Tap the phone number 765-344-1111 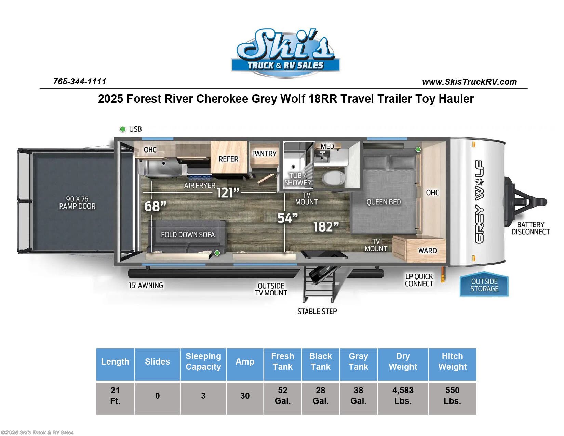click(80, 81)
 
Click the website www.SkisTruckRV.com click(469, 82)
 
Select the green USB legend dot click(123, 129)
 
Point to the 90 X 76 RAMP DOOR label click(77, 202)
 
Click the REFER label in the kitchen click(228, 159)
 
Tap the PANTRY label click(264, 154)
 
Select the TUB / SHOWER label click(297, 179)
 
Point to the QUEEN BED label click(384, 202)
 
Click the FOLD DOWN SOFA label click(188, 235)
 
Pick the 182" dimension click(326, 227)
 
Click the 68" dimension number click(155, 206)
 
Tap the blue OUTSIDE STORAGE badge click(484, 285)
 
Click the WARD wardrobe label click(427, 251)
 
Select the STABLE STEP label click(317, 311)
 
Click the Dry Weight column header click(403, 361)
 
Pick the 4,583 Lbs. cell click(403, 396)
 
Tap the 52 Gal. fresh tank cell click(282, 396)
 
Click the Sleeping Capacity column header click(203, 361)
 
